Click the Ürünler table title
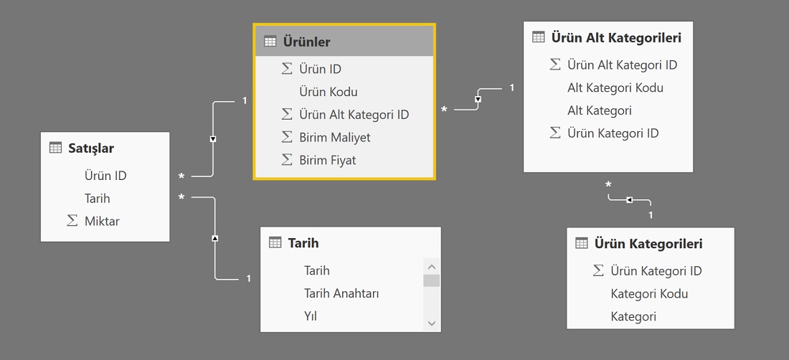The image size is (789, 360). [306, 42]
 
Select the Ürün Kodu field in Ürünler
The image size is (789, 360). [328, 92]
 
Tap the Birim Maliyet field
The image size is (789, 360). [335, 137]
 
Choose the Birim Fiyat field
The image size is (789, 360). [327, 161]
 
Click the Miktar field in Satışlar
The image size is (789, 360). [102, 221]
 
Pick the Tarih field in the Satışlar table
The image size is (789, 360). [97, 199]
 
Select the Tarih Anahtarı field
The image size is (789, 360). [341, 293]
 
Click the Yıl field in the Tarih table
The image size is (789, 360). [310, 316]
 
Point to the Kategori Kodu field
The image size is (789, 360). [649, 293]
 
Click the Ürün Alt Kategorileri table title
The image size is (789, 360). [616, 38]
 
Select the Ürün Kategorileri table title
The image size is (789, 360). [648, 244]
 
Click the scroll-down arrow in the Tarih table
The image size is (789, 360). [431, 323]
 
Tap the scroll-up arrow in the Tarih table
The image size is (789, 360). [431, 267]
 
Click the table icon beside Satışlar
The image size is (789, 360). [55, 148]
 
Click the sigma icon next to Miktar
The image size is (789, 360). [72, 221]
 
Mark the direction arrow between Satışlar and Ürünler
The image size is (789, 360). [213, 139]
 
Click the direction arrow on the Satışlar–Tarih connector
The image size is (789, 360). [215, 237]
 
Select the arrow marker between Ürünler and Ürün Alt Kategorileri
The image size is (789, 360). [478, 99]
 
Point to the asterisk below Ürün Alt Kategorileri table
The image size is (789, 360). [608, 186]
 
